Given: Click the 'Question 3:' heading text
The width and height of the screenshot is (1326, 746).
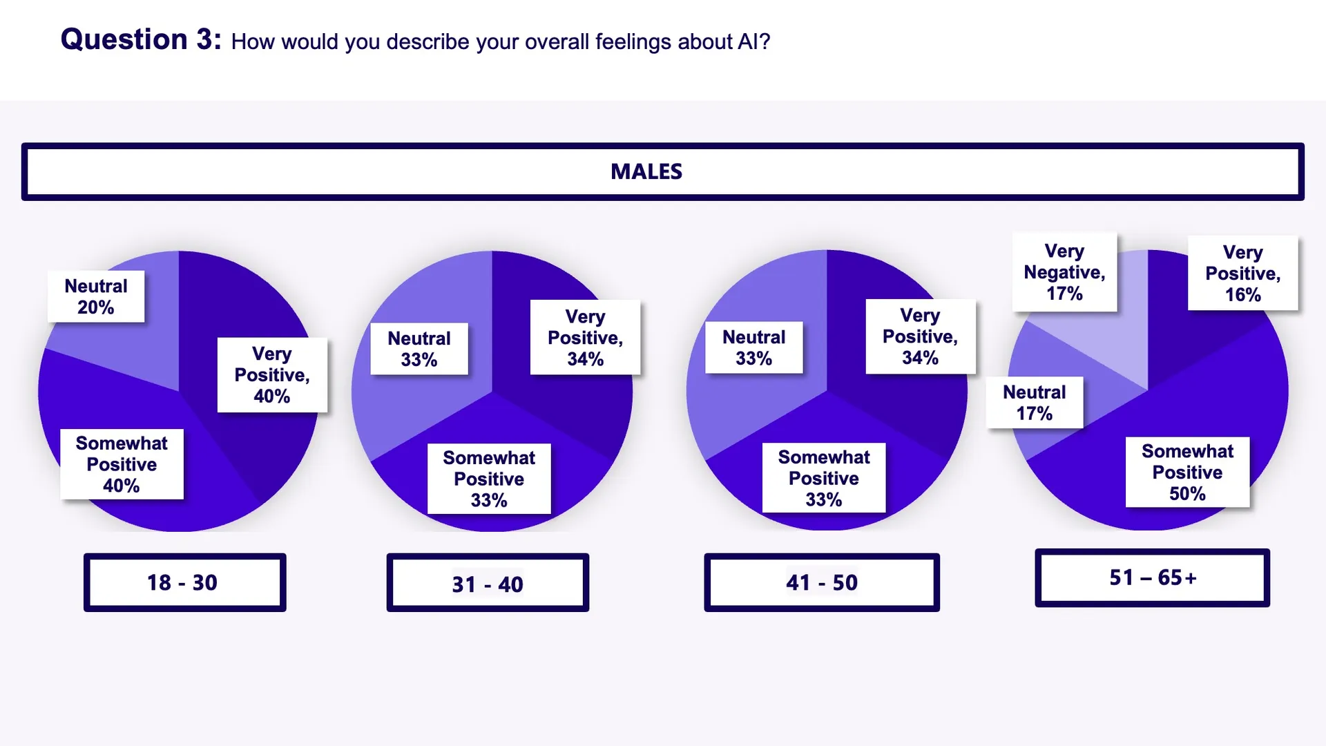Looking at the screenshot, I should tap(141, 39).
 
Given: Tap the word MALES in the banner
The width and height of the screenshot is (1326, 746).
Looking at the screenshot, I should tap(646, 171).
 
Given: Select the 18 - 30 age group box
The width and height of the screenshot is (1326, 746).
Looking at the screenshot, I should tap(184, 582).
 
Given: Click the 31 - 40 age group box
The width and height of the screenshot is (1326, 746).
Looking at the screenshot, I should tap(488, 584).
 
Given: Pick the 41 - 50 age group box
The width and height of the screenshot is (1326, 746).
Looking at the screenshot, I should tap(821, 582).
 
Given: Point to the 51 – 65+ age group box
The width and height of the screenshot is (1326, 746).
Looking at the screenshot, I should tap(1152, 577).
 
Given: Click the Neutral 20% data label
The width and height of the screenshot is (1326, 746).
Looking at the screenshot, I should tap(96, 296).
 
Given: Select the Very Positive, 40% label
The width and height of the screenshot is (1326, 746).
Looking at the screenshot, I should tap(272, 375).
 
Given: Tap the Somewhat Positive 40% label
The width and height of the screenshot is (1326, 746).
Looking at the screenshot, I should tap(122, 464).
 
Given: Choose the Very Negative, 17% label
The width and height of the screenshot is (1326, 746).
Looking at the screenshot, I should tap(1064, 272).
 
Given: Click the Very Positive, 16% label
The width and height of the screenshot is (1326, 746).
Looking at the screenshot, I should tap(1242, 274).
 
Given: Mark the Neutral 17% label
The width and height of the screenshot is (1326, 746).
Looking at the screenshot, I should tap(1034, 403).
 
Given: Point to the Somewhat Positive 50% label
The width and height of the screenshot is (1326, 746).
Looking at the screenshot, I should tap(1187, 472).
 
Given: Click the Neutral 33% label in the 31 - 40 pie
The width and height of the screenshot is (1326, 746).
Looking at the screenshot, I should tap(419, 349).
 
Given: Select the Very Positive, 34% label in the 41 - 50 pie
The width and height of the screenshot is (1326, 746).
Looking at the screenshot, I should tap(920, 336).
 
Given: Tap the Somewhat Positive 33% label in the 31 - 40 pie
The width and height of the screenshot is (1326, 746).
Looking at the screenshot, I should tap(489, 479).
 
